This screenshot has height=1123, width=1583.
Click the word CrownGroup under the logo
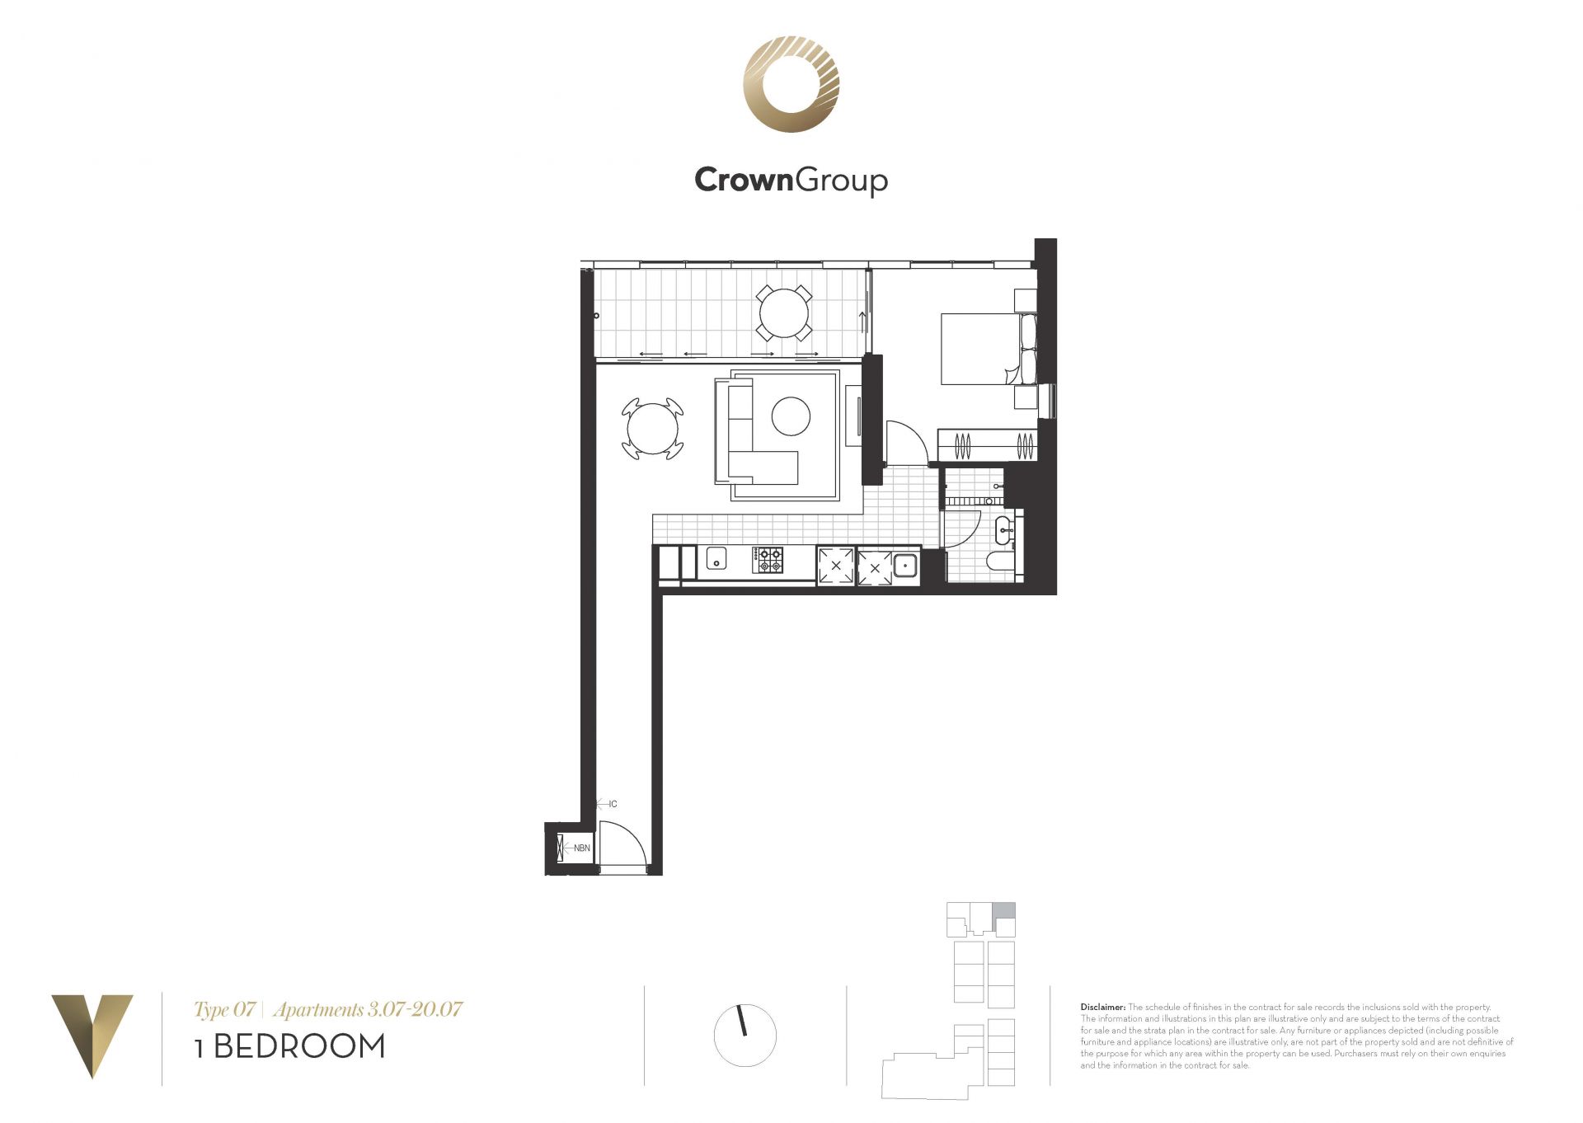coord(791,180)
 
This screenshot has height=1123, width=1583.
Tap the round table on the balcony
coord(784,312)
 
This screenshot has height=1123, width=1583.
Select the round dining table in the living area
coord(652,429)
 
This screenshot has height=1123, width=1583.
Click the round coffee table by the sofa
coord(791,416)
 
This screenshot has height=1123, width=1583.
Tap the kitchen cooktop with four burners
coord(768,560)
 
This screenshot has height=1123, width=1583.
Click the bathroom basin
coord(1004,529)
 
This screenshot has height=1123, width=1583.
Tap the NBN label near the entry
coord(582,848)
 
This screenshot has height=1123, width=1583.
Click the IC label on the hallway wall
coord(613,804)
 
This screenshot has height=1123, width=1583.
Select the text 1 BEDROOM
coord(290,1046)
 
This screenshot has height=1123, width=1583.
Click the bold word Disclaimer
coord(1103,1007)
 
